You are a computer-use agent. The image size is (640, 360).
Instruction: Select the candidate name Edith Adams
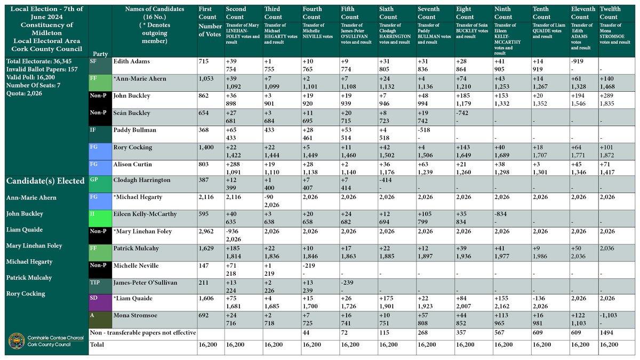click(132, 62)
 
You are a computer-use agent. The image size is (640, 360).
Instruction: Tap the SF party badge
click(93, 62)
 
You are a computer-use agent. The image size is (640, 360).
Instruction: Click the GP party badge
click(93, 180)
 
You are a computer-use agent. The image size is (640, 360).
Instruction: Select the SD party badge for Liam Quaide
click(93, 299)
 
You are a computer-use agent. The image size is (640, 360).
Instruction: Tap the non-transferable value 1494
click(607, 333)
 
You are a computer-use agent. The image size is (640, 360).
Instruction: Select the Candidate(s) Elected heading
click(45, 181)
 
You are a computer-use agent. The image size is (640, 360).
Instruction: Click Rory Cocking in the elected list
click(26, 293)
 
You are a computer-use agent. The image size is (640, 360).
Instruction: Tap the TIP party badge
click(93, 282)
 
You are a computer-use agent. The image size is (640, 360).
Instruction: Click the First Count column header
click(209, 13)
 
